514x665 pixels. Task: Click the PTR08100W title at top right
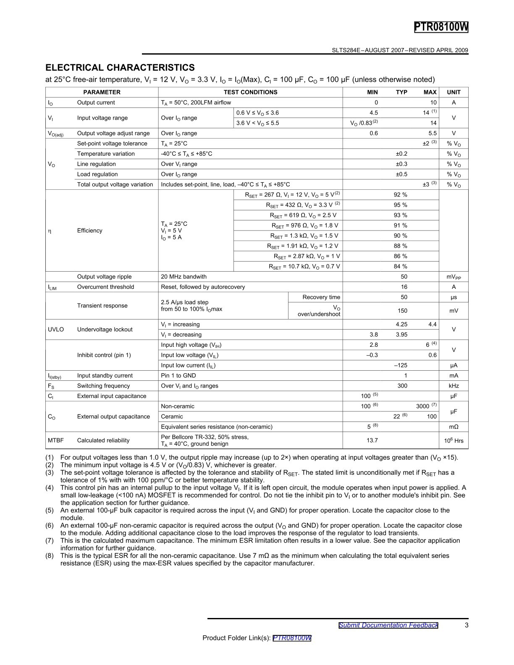tap(441, 27)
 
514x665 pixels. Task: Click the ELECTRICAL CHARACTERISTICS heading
tap(120, 68)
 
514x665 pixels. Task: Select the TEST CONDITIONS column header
tap(250, 92)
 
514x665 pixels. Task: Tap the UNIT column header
tap(454, 92)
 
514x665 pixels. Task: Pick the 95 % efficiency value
tap(400, 205)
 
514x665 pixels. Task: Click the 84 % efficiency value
tap(400, 266)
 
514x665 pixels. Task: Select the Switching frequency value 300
tap(402, 386)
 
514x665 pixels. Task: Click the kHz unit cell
tap(454, 386)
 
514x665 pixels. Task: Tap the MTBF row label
tap(55, 440)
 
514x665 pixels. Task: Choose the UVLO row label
tap(55, 330)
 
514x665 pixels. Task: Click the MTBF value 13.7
tap(372, 440)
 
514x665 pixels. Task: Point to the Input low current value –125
tap(401, 365)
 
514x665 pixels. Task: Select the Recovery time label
tap(321, 297)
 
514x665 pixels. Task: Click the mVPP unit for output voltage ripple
tap(454, 277)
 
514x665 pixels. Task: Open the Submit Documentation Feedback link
tap(388, 625)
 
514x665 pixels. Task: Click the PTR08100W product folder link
tap(292, 638)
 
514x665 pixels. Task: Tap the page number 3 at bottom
tap(467, 625)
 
